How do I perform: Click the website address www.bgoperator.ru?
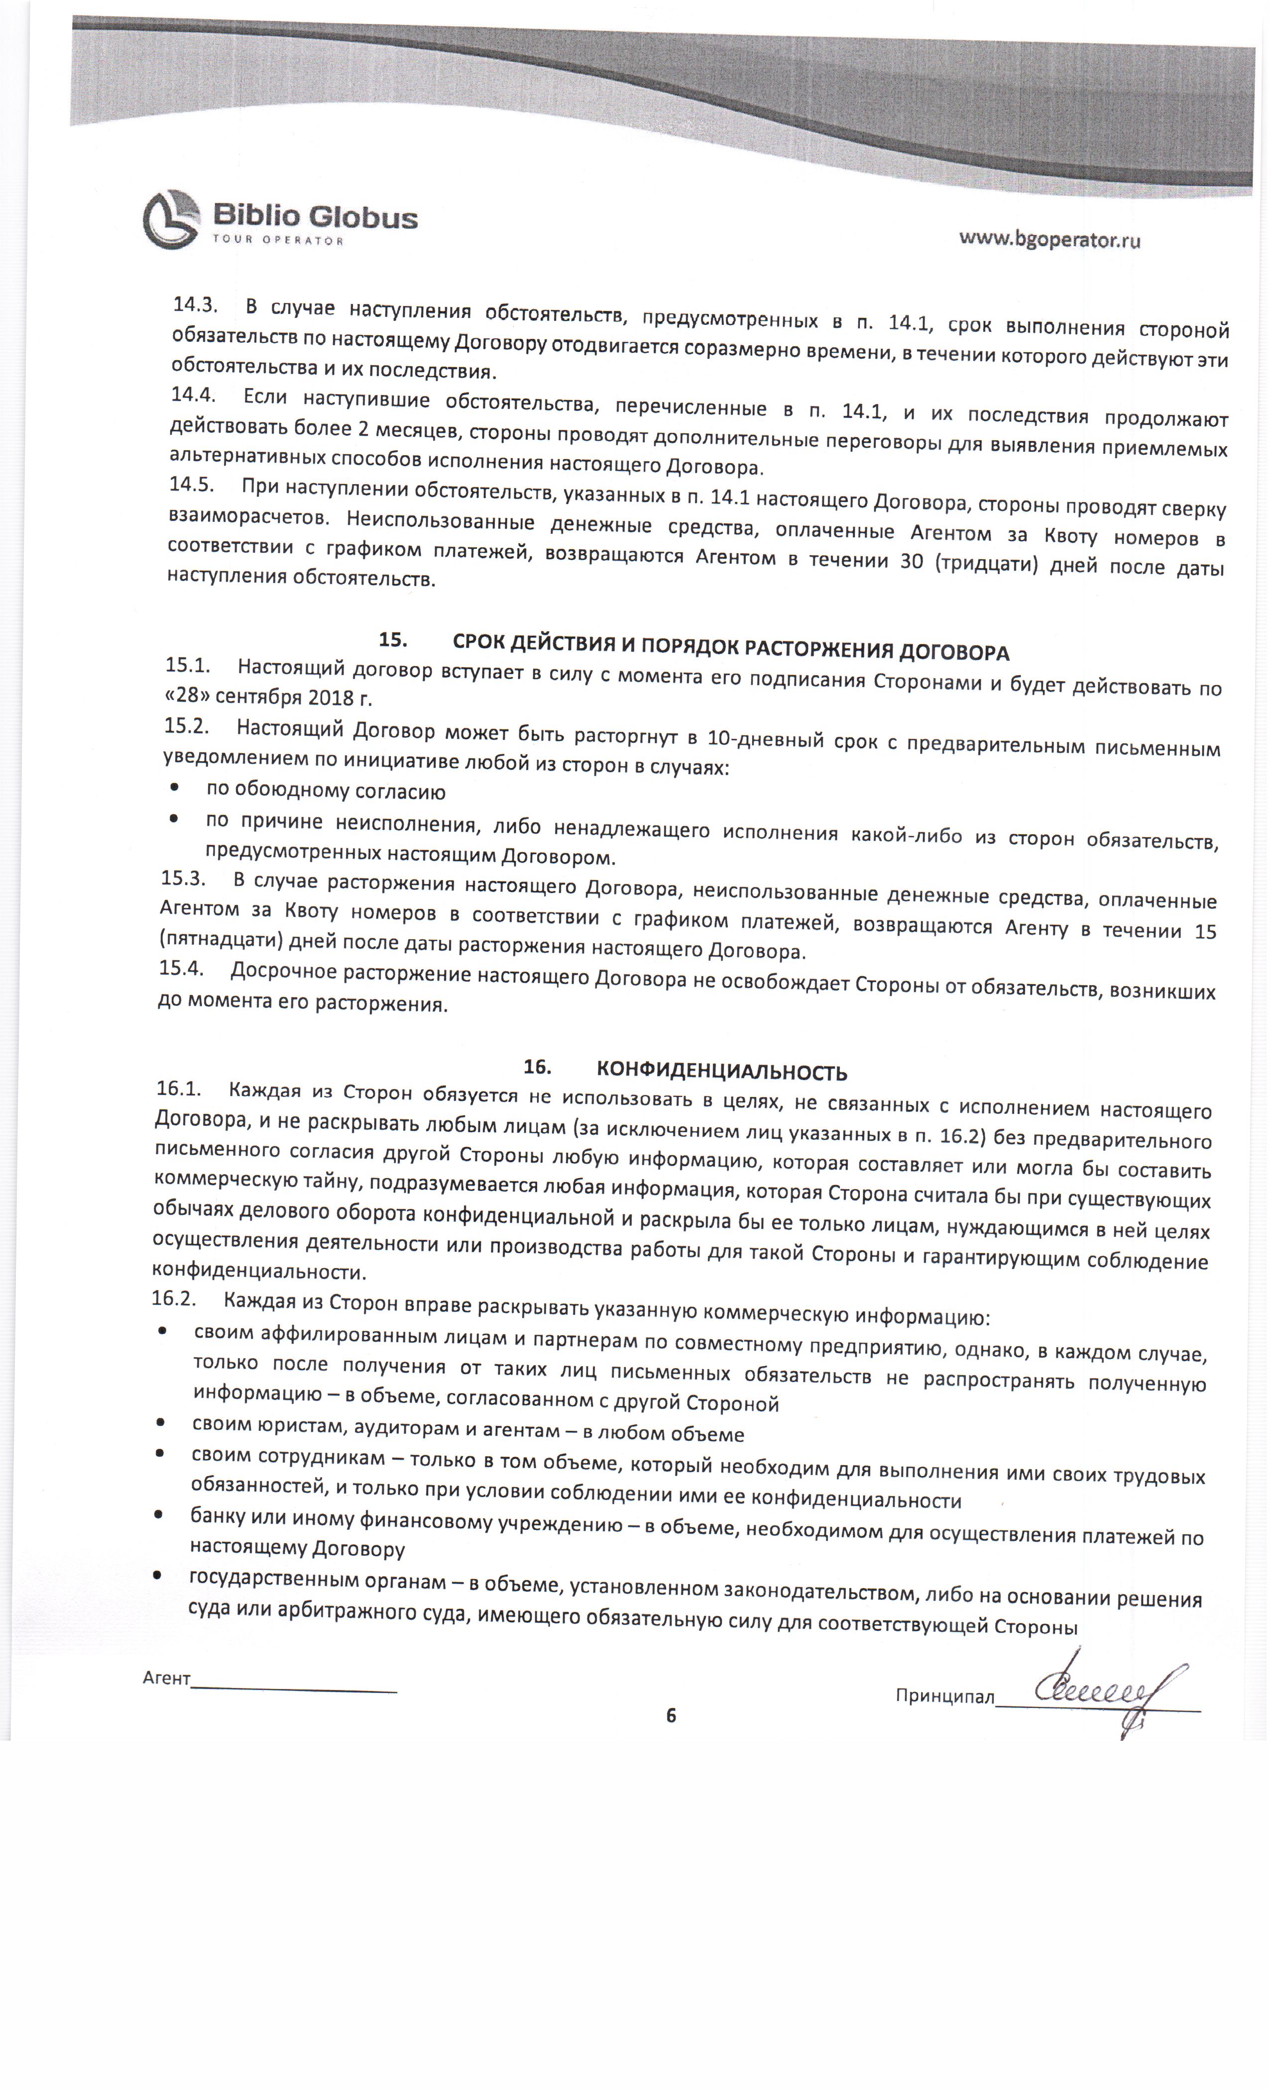tap(1049, 239)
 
